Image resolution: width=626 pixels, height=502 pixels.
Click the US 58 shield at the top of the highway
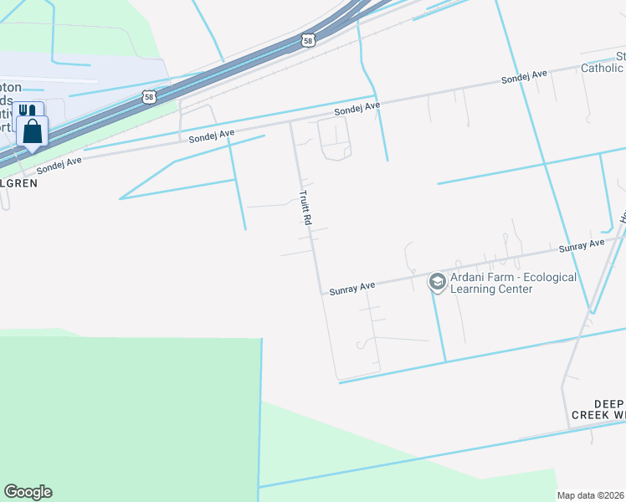point(307,39)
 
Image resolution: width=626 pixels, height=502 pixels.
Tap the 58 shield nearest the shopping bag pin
point(148,96)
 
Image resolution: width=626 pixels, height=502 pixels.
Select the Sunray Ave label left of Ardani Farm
point(351,287)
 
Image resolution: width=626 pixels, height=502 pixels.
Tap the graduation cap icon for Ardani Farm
point(437,283)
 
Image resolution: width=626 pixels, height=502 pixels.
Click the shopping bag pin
point(32,132)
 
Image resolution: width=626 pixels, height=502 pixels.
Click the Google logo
point(28,492)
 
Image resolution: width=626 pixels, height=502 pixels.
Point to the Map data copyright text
point(591,495)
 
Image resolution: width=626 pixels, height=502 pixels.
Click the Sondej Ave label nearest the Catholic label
point(524,77)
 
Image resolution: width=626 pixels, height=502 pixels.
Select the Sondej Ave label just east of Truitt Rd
point(357,108)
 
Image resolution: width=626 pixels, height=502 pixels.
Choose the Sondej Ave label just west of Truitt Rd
point(212,136)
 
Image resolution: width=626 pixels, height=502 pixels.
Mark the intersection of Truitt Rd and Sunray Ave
point(321,293)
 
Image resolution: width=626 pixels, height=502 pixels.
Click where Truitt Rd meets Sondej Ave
point(290,121)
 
